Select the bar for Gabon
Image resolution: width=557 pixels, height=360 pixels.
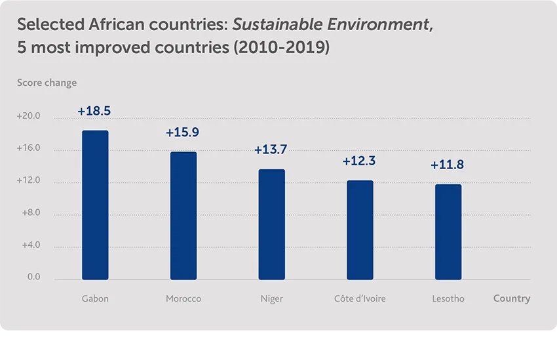point(95,205)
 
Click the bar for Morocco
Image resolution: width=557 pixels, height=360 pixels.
point(183,216)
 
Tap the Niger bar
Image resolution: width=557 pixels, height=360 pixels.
point(272,224)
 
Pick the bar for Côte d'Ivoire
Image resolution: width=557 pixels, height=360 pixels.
point(360,230)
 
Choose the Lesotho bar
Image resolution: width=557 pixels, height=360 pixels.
point(448,232)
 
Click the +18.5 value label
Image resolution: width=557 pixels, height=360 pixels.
point(94,111)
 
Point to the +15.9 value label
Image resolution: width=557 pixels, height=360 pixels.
point(183,132)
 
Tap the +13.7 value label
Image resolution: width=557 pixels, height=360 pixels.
point(271,150)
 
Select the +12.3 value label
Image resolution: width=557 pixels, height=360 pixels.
point(359,161)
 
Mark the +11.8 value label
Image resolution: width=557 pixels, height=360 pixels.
point(448,165)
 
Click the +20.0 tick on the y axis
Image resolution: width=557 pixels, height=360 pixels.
point(29,117)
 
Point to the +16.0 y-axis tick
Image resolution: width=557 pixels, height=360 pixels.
point(29,149)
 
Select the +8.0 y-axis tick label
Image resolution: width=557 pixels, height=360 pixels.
point(30,213)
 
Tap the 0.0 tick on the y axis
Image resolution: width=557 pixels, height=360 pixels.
point(33,277)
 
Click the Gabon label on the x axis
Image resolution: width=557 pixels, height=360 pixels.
point(95,299)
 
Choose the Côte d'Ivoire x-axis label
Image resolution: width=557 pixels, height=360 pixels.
point(360,299)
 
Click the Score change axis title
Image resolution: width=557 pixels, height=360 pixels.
point(47,83)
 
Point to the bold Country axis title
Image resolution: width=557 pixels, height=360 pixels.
point(512,298)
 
